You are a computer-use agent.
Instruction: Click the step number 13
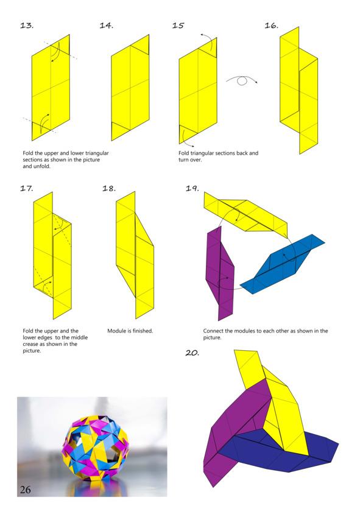27,25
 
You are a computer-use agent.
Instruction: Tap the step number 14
107,25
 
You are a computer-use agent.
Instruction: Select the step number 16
272,25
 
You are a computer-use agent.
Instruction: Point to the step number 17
27,188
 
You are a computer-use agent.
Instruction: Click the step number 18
109,188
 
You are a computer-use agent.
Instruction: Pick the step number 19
192,188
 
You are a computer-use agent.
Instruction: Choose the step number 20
192,353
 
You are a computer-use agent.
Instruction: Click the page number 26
25,490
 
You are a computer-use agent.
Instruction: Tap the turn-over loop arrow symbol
242,80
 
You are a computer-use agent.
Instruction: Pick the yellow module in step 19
245,215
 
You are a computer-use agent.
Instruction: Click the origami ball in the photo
95,448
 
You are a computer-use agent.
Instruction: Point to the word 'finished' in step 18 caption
143,331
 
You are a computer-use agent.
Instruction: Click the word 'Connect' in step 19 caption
213,331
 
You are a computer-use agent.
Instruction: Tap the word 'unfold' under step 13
42,166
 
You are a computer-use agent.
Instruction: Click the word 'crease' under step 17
30,344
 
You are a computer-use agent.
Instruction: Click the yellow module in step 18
135,256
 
